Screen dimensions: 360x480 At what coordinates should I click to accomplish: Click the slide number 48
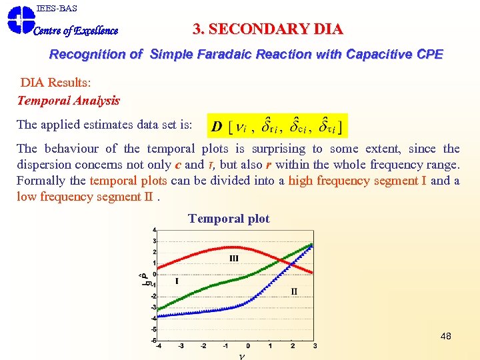point(445,336)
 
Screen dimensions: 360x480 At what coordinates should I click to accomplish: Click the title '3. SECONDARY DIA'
point(267,29)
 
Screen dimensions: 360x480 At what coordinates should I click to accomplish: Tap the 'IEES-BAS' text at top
point(57,8)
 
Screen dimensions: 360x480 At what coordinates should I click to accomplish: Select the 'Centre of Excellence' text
point(75,31)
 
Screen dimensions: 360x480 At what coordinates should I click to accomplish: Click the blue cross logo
point(20,19)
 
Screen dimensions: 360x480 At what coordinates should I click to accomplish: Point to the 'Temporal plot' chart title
point(229,219)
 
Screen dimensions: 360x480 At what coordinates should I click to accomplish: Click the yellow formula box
point(277,125)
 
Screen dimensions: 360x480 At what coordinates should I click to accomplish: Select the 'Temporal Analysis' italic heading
point(68,101)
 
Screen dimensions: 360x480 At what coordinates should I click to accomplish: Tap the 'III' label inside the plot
point(234,258)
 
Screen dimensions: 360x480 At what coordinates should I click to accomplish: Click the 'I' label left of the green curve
point(177,281)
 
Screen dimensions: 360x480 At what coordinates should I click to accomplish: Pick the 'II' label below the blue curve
point(294,291)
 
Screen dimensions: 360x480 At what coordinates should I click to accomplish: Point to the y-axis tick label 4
point(155,230)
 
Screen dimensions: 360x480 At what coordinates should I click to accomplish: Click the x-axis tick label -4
point(158,345)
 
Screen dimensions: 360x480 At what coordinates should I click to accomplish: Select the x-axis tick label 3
point(315,345)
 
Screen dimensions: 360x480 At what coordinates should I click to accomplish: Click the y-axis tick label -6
point(154,340)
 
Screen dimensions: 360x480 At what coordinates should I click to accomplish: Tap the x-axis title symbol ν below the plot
point(241,355)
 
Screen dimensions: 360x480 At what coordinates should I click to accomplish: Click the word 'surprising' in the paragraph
point(279,149)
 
